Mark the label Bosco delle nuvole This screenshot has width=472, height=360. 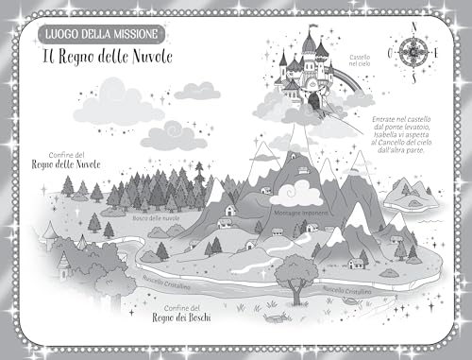[x=155, y=220]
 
